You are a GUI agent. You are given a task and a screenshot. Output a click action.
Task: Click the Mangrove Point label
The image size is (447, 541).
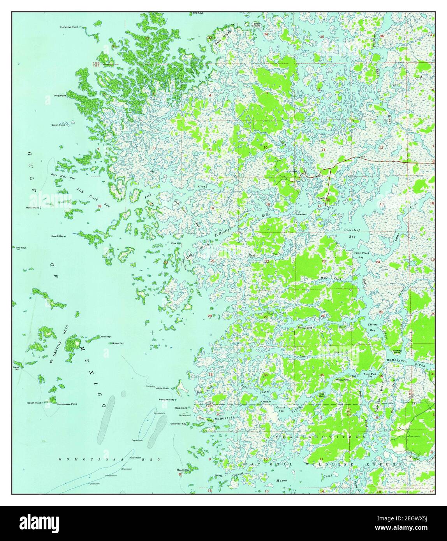(x=69, y=27)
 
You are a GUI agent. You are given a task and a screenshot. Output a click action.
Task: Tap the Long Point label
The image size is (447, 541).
(x=60, y=95)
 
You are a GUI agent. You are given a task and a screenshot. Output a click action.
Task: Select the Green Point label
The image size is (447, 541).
(x=58, y=125)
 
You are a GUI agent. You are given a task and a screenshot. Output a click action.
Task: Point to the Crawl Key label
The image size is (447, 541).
(x=105, y=336)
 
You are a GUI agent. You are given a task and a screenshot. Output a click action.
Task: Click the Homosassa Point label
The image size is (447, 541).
(x=67, y=404)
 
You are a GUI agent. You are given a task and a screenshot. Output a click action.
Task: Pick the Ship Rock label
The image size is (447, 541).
(x=163, y=388)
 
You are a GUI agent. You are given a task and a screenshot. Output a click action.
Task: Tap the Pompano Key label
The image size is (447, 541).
(x=167, y=400)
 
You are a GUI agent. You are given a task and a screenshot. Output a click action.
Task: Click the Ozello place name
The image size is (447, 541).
(x=322, y=197)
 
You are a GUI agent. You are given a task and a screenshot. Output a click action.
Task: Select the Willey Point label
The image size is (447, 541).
(x=343, y=380)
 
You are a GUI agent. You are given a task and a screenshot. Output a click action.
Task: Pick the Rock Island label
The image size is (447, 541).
(x=33, y=207)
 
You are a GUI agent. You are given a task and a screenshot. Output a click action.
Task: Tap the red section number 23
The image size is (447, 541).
(x=324, y=261)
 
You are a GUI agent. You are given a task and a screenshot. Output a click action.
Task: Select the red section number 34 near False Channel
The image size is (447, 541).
(x=266, y=375)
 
